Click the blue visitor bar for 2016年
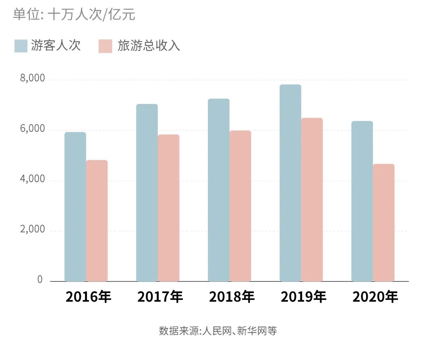(75, 206)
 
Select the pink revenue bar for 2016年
(97, 221)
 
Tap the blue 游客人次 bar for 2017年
(147, 192)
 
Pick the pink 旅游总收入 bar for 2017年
(168, 208)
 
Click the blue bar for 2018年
(219, 190)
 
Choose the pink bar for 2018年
(240, 206)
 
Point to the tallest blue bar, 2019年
(290, 183)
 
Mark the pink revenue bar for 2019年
(312, 200)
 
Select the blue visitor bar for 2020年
(362, 201)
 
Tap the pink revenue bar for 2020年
(383, 223)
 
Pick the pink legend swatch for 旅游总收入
(105, 46)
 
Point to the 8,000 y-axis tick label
(32, 79)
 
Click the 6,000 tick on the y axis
(32, 129)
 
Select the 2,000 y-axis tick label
(32, 230)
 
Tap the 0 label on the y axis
(40, 280)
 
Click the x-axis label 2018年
(232, 298)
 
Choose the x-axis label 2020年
(375, 298)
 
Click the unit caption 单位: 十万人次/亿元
(74, 15)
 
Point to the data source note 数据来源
(218, 331)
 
